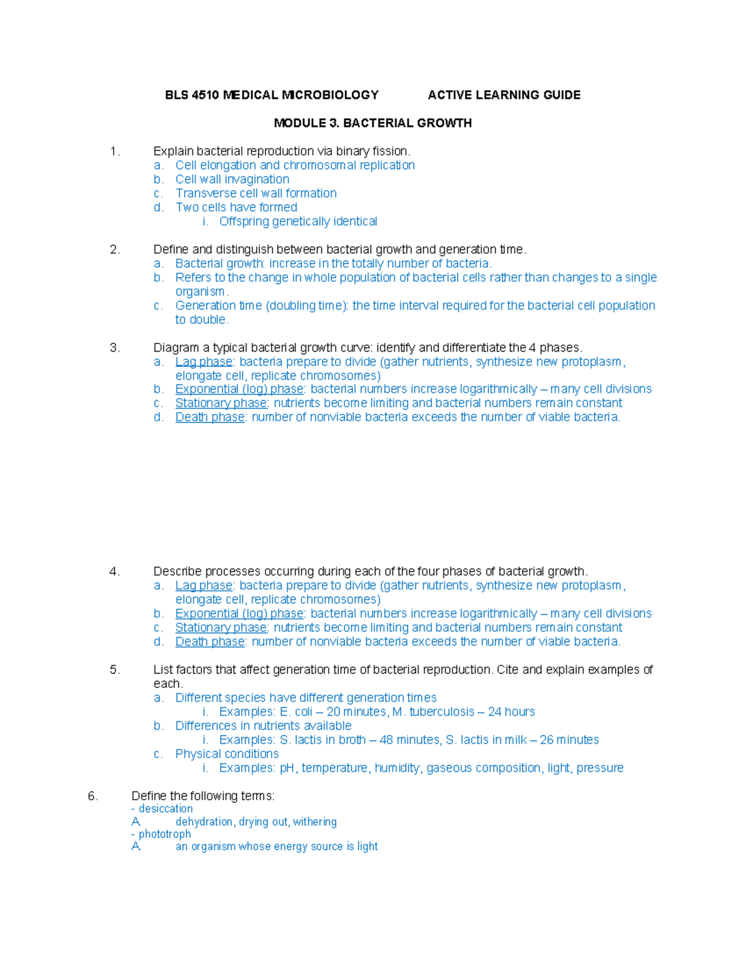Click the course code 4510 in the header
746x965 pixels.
205,95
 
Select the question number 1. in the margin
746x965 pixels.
114,151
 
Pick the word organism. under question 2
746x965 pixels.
201,291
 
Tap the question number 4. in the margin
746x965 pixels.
114,572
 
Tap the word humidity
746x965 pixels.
397,768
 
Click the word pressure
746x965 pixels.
600,768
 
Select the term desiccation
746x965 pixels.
165,808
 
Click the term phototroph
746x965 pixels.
165,834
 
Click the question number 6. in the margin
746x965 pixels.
93,796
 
